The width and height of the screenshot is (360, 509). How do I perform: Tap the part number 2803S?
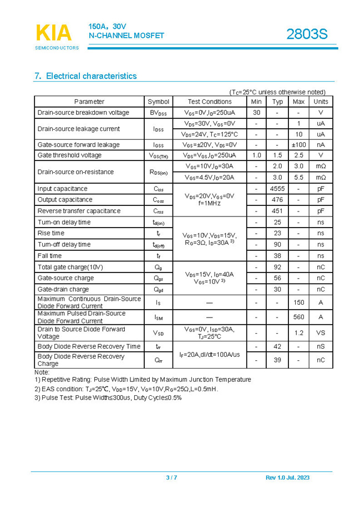pyautogui.click(x=307, y=34)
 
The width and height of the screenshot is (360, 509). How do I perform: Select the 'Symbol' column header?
pyautogui.click(x=159, y=102)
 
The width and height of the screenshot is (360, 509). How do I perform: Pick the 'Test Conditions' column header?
pyautogui.click(x=210, y=102)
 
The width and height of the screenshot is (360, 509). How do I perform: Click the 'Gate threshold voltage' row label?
pyautogui.click(x=70, y=155)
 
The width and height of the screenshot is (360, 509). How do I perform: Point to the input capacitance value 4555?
pyautogui.click(x=277, y=189)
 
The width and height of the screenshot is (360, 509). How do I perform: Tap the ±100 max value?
pyautogui.click(x=298, y=145)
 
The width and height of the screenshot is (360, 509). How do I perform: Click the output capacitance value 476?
pyautogui.click(x=277, y=200)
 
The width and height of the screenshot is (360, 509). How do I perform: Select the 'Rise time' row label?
pyautogui.click(x=51, y=233)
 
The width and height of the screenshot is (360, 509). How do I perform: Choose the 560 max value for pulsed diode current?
pyautogui.click(x=298, y=317)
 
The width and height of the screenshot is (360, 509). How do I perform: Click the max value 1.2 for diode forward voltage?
pyautogui.click(x=298, y=332)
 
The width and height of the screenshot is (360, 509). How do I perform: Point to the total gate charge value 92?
pyautogui.click(x=277, y=267)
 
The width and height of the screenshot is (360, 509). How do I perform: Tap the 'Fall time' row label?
pyautogui.click(x=50, y=256)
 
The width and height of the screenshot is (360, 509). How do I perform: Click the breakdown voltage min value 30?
pyautogui.click(x=256, y=113)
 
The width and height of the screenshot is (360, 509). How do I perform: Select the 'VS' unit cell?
pyautogui.click(x=321, y=332)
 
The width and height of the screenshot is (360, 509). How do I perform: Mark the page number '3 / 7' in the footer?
pyautogui.click(x=171, y=478)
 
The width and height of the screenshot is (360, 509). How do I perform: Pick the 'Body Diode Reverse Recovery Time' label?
pyautogui.click(x=89, y=346)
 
